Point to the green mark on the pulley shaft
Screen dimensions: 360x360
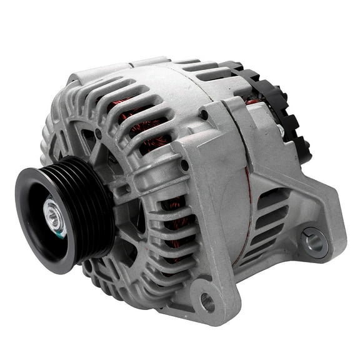[x=61, y=232]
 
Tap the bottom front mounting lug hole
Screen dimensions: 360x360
[x=206, y=303]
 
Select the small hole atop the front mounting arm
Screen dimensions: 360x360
[x=204, y=114]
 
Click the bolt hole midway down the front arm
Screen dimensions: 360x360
[x=184, y=166]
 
